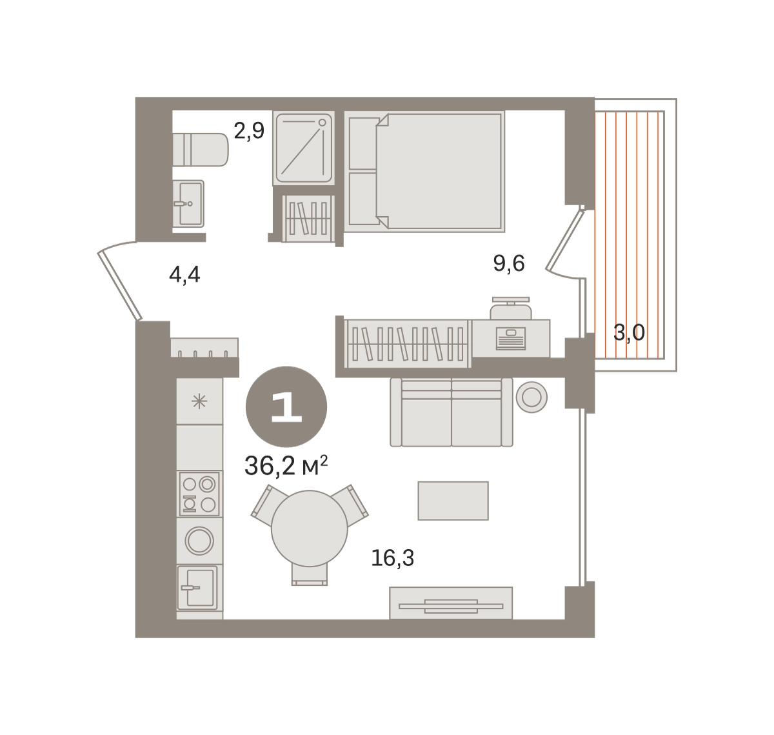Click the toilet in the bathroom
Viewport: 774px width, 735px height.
coord(201,150)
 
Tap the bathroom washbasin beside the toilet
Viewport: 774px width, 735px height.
coord(188,204)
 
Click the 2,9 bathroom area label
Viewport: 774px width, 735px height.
coord(249,131)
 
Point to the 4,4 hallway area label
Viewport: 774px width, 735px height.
coord(184,274)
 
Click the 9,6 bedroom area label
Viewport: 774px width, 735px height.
coord(509,263)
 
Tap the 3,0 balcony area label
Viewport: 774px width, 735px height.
coord(629,332)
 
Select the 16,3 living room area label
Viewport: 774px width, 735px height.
coord(393,558)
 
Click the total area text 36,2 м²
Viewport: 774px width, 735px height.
coord(286,466)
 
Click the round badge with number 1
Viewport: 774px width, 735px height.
coord(286,407)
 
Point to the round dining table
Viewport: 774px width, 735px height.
coord(310,529)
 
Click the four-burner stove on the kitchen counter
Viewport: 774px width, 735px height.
coord(199,494)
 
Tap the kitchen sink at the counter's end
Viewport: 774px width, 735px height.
coord(197,588)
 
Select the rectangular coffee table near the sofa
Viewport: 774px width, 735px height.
coord(453,501)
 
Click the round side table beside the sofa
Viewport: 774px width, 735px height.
coord(531,397)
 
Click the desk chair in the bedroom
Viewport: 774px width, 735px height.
coord(511,308)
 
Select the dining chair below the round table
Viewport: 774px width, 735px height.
coord(310,575)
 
